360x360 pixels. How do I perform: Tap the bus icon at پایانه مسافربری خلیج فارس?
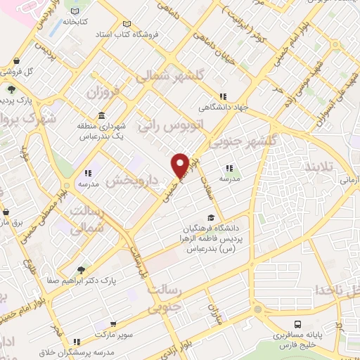tap(298, 324)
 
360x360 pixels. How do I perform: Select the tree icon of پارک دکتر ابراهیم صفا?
tap(82, 269)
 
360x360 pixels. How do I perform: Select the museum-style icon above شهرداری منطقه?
tap(103, 115)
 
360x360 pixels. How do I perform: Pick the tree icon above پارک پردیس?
tap(11, 89)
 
